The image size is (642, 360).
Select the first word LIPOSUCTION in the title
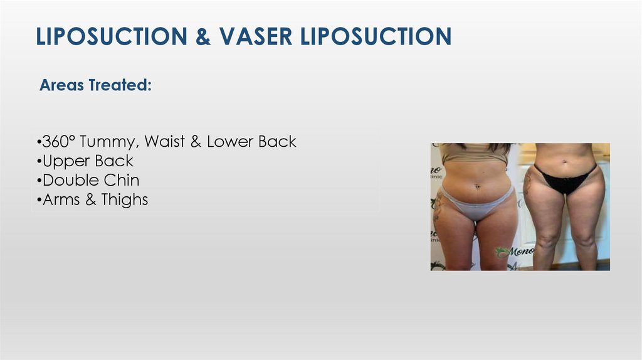point(109,36)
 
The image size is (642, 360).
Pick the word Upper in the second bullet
point(63,162)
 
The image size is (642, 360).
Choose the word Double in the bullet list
point(68,181)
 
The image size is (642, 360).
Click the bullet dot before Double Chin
point(39,181)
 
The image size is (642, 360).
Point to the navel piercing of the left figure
point(477,186)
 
